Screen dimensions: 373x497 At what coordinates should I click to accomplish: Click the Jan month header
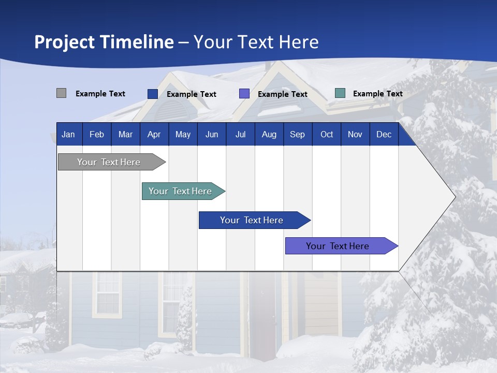[68, 135]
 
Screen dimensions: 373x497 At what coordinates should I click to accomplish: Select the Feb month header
[97, 135]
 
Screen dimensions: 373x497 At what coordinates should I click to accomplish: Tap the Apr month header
[154, 135]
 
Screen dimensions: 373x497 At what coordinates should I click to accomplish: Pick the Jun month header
[212, 135]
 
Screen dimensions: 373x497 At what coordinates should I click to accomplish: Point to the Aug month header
[269, 135]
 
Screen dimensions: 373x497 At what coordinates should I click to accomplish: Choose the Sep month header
[297, 135]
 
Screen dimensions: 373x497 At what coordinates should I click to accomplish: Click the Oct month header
[327, 135]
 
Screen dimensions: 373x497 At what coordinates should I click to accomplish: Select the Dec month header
[384, 135]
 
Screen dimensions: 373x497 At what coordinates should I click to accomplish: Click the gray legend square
[61, 93]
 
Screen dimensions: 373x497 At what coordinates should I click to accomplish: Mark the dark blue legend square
[153, 94]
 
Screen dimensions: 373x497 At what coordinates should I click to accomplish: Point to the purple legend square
[244, 94]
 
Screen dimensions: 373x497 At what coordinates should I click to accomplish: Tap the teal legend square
[340, 93]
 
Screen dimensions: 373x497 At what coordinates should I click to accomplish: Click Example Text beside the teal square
[377, 94]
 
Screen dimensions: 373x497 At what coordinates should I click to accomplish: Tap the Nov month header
[355, 135]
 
